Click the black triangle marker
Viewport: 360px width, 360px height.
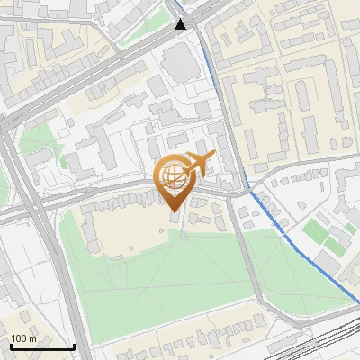click(181, 23)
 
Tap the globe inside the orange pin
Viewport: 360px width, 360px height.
click(174, 178)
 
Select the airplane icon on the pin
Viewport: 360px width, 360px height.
click(197, 163)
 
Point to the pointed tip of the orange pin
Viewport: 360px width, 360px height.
click(174, 211)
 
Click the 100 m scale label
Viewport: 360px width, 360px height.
click(23, 338)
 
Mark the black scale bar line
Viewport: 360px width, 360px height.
click(42, 346)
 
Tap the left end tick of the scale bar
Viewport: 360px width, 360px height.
click(11, 345)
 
